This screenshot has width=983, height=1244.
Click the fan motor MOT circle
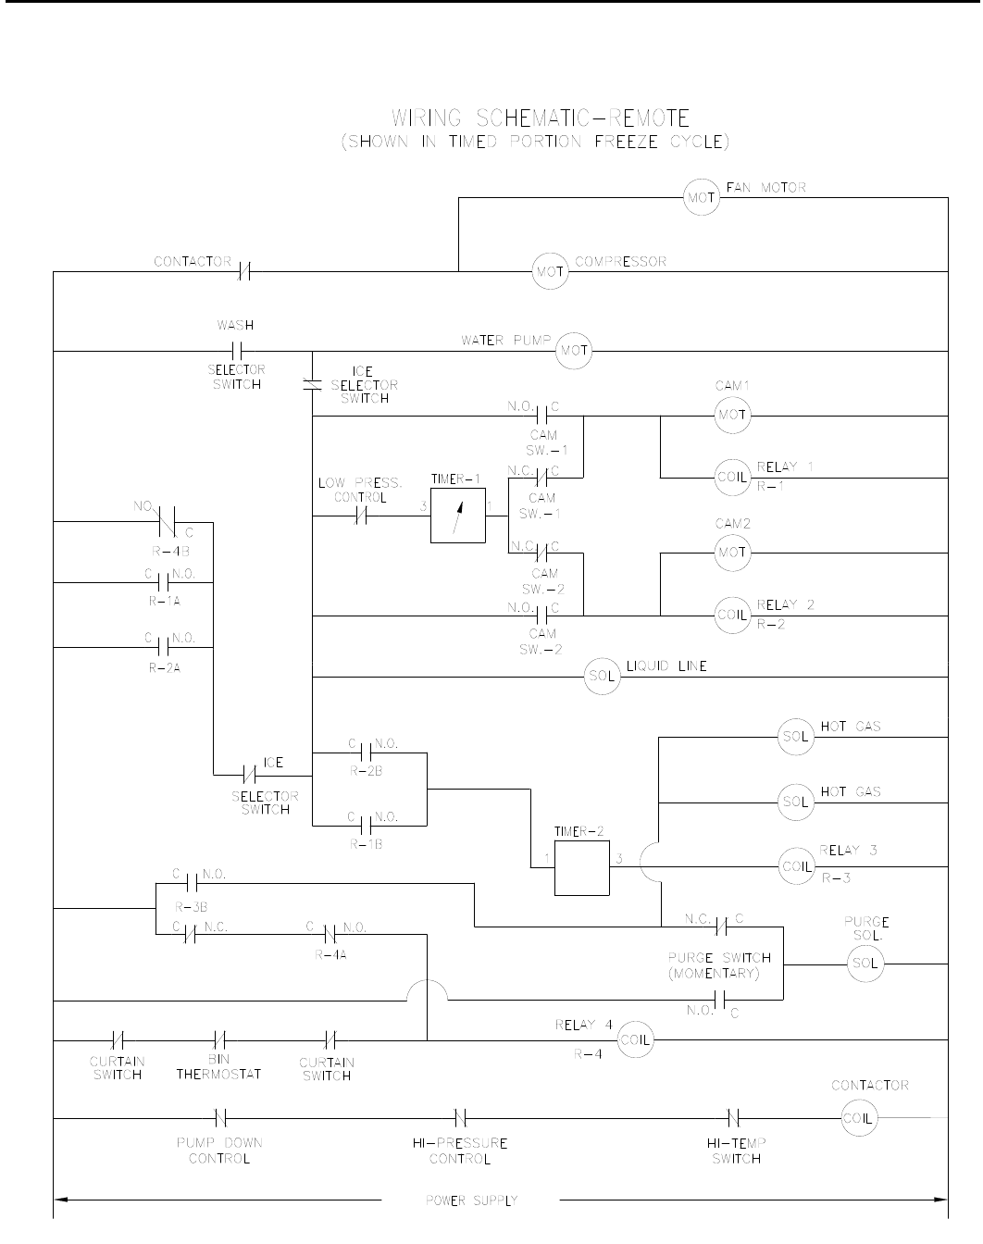click(x=701, y=197)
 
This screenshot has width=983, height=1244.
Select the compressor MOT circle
click(x=549, y=271)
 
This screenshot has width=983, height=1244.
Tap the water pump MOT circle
click(x=573, y=351)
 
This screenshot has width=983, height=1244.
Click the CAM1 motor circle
click(x=731, y=416)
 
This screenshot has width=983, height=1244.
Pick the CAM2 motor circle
click(x=731, y=554)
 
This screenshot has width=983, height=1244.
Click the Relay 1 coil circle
click(x=731, y=478)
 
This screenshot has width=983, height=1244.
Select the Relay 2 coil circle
click(x=731, y=616)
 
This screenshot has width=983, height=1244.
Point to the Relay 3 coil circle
click(x=796, y=866)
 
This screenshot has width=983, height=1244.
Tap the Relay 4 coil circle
click(x=635, y=1039)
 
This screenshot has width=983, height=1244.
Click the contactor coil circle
click(x=857, y=1118)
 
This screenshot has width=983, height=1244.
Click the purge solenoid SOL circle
click(x=865, y=964)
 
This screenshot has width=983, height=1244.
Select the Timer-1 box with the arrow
click(x=457, y=516)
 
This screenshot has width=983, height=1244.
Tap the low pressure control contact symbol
click(x=362, y=516)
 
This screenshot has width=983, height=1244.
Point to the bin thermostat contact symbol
click(x=220, y=1039)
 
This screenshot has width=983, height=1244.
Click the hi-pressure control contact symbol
click(x=460, y=1118)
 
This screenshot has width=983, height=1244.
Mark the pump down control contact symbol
click(x=220, y=1118)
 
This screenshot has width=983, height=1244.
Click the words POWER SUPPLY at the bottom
click(x=471, y=1201)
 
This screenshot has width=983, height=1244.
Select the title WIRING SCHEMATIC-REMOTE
click(x=541, y=118)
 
